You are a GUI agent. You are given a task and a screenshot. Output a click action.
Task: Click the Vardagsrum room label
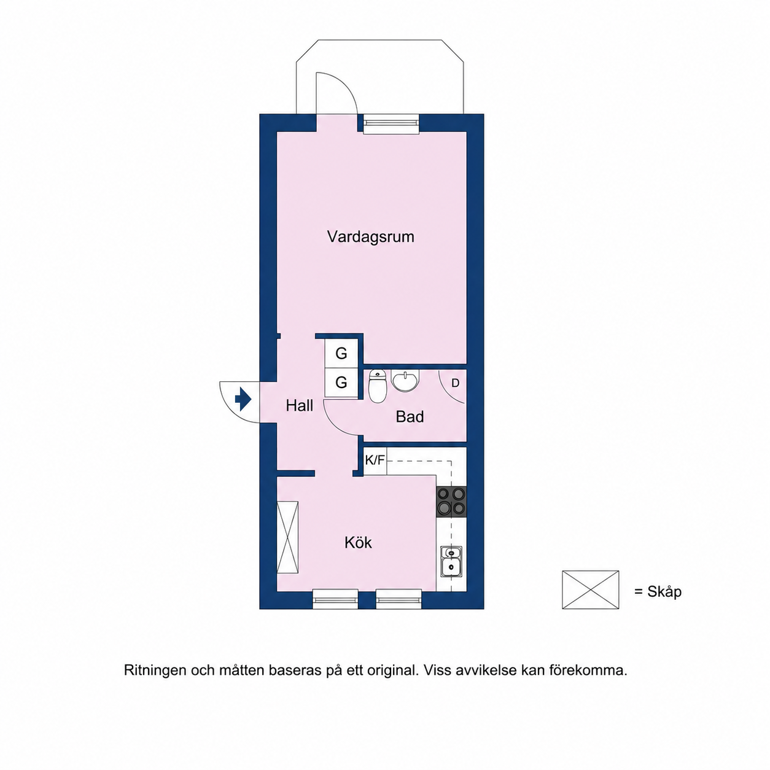click(370, 236)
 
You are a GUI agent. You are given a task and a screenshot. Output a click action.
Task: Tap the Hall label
click(299, 406)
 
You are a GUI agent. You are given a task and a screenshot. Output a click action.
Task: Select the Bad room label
click(410, 417)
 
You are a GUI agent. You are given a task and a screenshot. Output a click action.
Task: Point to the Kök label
click(358, 542)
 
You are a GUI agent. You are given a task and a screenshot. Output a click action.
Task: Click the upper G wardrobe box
click(341, 353)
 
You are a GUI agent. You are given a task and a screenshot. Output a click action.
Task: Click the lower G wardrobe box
click(341, 383)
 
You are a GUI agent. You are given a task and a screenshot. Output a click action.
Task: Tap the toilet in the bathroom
click(376, 386)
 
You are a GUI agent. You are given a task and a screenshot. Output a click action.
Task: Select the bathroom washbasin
click(406, 381)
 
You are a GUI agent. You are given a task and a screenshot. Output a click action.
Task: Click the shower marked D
click(453, 387)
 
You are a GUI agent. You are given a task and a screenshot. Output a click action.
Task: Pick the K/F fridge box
click(375, 461)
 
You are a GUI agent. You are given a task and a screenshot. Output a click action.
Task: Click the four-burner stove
click(451, 502)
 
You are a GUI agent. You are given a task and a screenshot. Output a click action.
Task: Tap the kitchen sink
click(451, 562)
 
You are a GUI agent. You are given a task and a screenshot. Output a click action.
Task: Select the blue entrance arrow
click(243, 399)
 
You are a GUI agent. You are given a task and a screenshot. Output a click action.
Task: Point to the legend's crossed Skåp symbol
click(590, 590)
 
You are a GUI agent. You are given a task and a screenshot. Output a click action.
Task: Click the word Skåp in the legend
click(664, 592)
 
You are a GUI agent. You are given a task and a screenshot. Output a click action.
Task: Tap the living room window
click(391, 123)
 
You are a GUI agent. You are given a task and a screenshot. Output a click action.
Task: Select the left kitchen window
click(335, 599)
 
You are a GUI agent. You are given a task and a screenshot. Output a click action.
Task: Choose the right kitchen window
click(399, 599)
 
